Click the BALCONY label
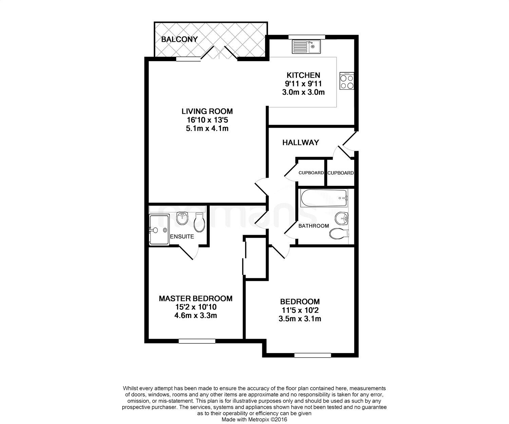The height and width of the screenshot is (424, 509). (x=180, y=39)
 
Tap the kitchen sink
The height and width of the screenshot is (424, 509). (x=306, y=47)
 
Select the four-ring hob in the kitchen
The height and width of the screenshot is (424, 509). (x=347, y=81)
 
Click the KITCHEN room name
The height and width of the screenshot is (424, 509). (x=303, y=75)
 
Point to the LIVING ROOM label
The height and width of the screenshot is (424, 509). (x=207, y=111)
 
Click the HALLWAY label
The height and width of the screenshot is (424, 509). (x=301, y=143)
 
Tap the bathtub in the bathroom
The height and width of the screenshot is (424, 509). (x=324, y=198)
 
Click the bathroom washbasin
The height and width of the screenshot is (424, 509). (x=341, y=218)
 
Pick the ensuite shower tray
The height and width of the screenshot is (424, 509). (x=159, y=229)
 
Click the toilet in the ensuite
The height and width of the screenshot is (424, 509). (x=199, y=223)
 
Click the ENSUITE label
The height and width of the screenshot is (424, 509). (x=182, y=236)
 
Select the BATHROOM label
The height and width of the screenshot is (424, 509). (x=314, y=226)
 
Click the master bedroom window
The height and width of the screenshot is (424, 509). (x=197, y=341)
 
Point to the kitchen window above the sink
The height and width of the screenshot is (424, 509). (x=307, y=37)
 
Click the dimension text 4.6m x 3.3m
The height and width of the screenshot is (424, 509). (x=195, y=315)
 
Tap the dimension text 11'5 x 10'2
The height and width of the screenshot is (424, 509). (x=300, y=310)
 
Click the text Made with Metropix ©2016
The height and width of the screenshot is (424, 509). (x=254, y=420)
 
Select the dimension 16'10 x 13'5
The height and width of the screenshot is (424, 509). (x=207, y=120)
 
